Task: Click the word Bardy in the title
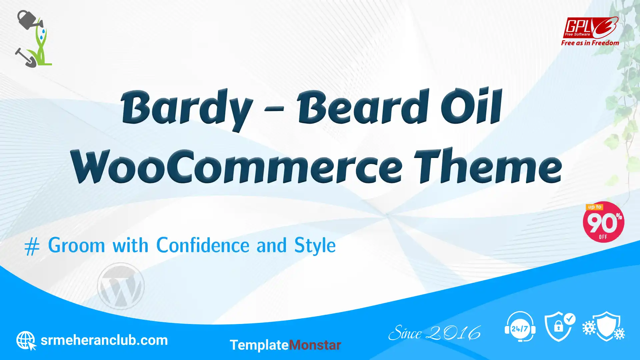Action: coord(187,109)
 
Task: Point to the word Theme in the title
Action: coord(488,165)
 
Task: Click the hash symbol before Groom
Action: coord(32,247)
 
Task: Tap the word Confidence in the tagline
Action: coord(203,245)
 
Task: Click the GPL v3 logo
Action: coord(590,27)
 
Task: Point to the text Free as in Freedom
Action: coord(590,43)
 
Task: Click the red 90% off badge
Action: coord(603,222)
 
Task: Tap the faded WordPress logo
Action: coord(121,286)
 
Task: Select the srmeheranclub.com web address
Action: coord(104,340)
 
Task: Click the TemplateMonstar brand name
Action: coord(285,345)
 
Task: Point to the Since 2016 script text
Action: coord(435,333)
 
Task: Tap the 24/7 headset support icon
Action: coord(520,327)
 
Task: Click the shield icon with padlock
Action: coord(560,327)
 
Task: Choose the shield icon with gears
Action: coord(604,326)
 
